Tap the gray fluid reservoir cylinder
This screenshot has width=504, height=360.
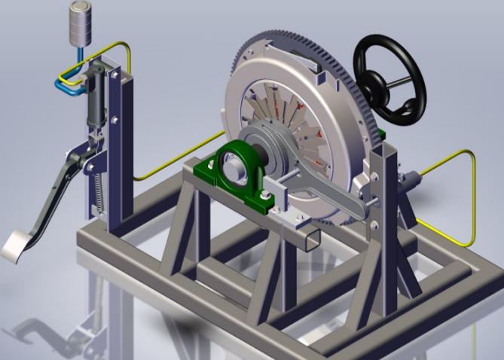pos(80,23)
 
